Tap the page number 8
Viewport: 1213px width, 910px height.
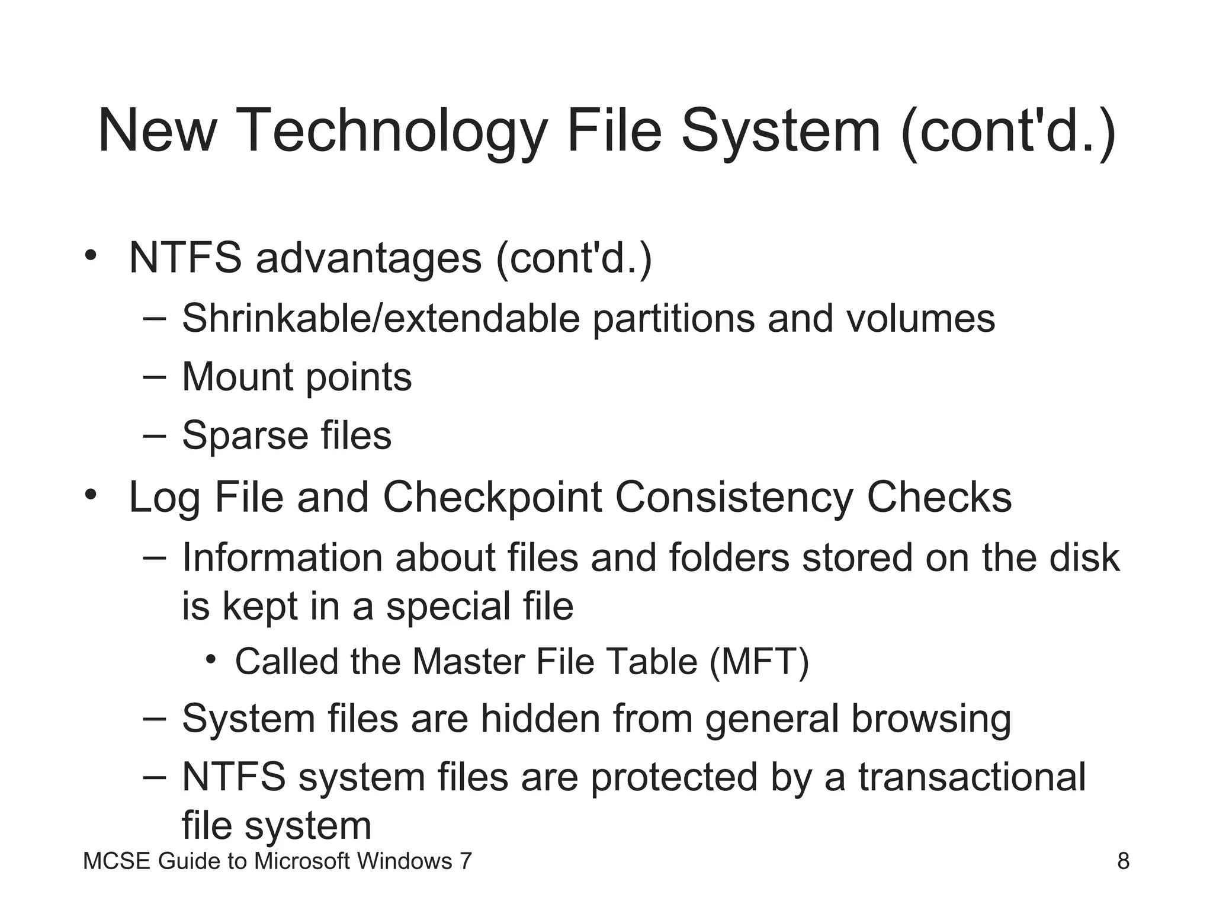pyautogui.click(x=1123, y=861)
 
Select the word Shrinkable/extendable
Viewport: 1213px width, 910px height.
pyautogui.click(x=380, y=319)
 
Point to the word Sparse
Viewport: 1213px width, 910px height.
pyautogui.click(x=245, y=436)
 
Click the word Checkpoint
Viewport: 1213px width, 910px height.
pyautogui.click(x=492, y=498)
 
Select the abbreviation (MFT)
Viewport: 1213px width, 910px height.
pyautogui.click(x=759, y=662)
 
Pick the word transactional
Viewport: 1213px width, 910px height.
pyautogui.click(x=972, y=777)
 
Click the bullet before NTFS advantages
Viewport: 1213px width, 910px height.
pyautogui.click(x=90, y=255)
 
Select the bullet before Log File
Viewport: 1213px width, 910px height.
pyautogui.click(x=90, y=494)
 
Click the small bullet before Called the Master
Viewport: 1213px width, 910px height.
pyautogui.click(x=211, y=659)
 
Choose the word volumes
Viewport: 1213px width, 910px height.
pyautogui.click(x=920, y=319)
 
